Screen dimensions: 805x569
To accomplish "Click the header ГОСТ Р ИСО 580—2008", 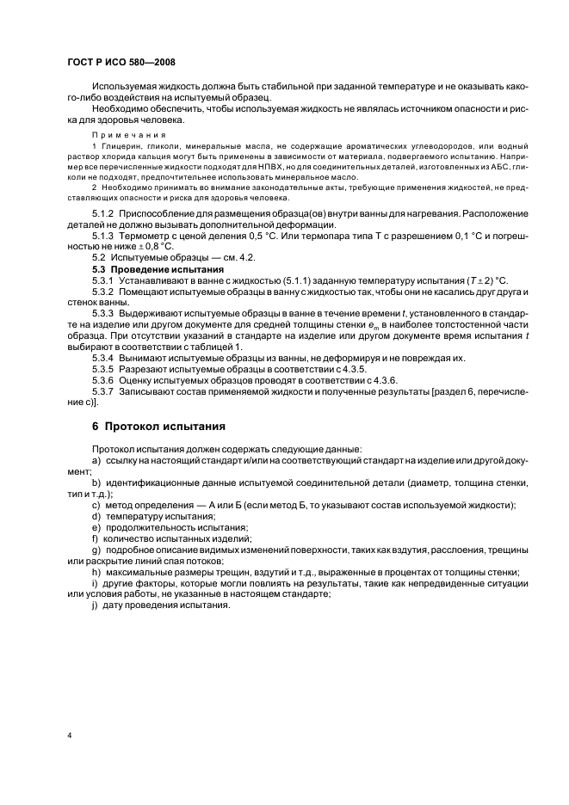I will [121, 63].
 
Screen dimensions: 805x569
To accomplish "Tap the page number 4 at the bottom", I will [70, 735].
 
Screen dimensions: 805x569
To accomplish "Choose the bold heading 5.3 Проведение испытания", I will [158, 268].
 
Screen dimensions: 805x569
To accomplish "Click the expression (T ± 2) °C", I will [479, 280].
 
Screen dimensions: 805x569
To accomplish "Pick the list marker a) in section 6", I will [96, 461].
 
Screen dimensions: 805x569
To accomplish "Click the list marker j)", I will [96, 605].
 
